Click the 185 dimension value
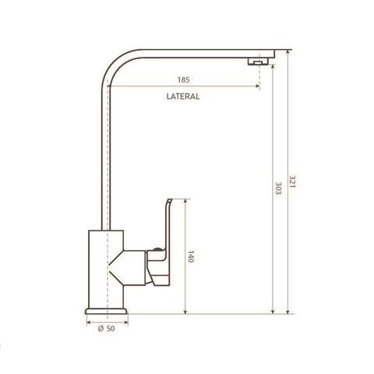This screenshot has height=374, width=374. coord(183,79)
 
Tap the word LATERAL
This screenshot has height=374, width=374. coord(183,97)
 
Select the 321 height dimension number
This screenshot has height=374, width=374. coord(292,182)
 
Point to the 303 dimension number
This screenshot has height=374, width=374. coord(278,189)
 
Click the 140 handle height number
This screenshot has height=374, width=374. coord(191,256)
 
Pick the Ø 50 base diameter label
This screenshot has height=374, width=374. coord(107,329)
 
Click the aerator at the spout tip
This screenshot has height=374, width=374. coord(258,62)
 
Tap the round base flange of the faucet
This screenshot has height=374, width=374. coord(106,311)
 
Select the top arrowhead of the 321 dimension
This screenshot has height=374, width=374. coord(288,52)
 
